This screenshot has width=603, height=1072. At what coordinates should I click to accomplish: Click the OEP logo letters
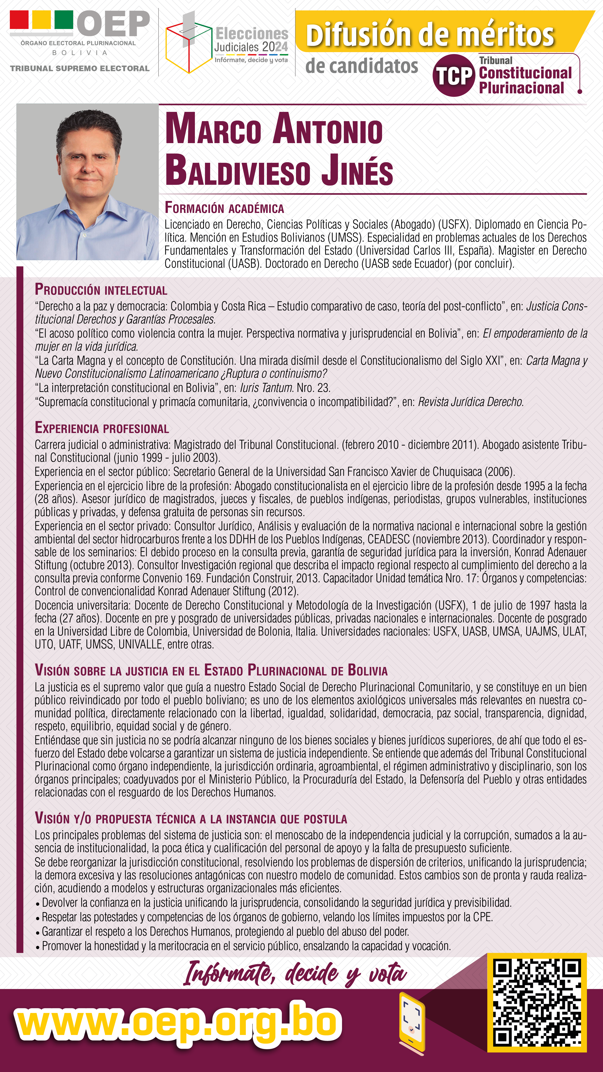coord(113,24)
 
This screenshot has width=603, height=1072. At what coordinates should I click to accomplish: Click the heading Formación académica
coord(224,208)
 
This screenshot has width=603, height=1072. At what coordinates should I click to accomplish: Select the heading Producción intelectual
coord(101,290)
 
